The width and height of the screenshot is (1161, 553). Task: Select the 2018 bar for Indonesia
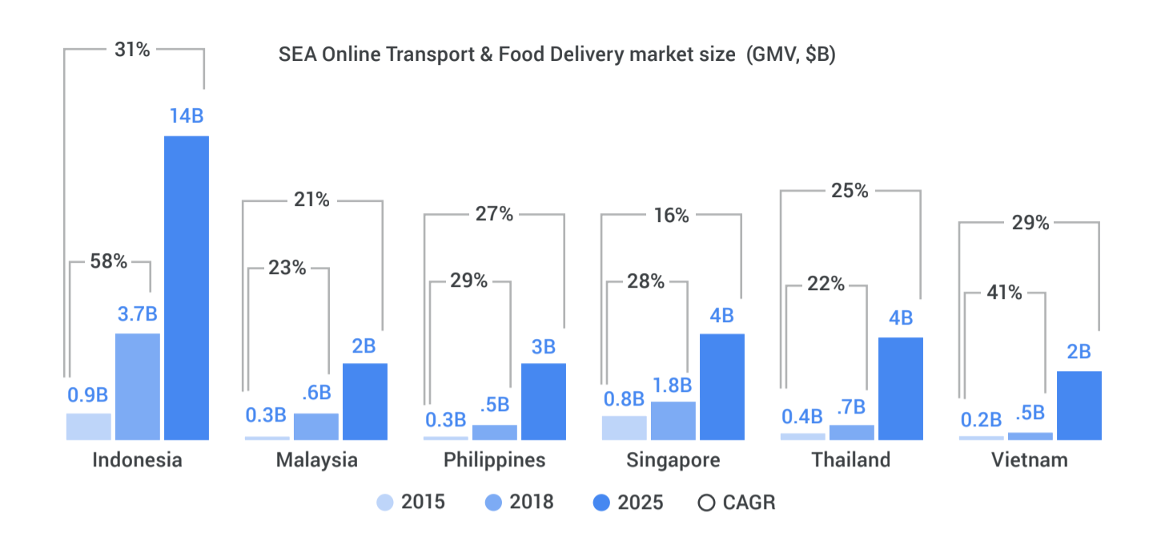pyautogui.click(x=138, y=386)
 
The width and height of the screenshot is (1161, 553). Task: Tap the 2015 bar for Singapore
pyautogui.click(x=624, y=427)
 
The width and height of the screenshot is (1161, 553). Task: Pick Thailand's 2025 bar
pyautogui.click(x=901, y=388)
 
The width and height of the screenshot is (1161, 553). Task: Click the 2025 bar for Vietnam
pyautogui.click(x=1079, y=405)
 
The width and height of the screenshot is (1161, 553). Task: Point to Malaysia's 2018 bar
pyautogui.click(x=316, y=426)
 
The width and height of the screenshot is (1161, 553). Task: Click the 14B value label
pyautogui.click(x=187, y=115)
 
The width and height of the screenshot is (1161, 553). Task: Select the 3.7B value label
pyautogui.click(x=138, y=313)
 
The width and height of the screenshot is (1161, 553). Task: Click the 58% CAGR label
pyautogui.click(x=110, y=260)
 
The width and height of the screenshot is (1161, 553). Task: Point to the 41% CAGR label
pyautogui.click(x=1004, y=293)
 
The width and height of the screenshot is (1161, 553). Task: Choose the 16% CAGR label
pyautogui.click(x=670, y=215)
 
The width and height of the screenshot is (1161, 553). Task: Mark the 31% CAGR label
pyautogui.click(x=132, y=49)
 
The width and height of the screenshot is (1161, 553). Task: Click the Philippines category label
pyautogui.click(x=494, y=460)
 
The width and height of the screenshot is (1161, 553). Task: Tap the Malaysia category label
pyautogui.click(x=316, y=460)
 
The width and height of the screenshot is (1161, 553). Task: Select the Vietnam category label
pyautogui.click(x=1030, y=460)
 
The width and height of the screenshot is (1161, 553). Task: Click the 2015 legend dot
pyautogui.click(x=385, y=503)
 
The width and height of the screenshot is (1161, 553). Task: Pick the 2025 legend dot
pyautogui.click(x=601, y=503)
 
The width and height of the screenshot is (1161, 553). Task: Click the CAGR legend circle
pyautogui.click(x=706, y=503)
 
